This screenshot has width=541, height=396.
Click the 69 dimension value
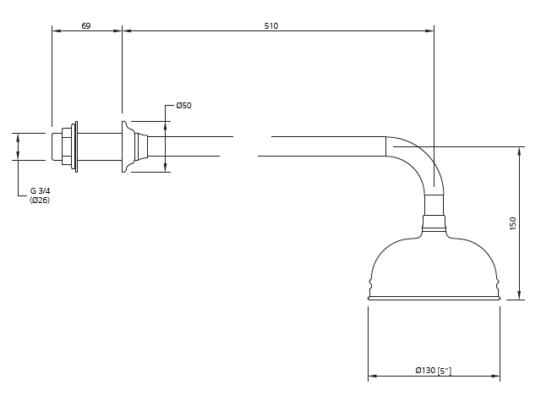tap(86, 26)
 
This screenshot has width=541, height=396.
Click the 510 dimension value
tap(271, 26)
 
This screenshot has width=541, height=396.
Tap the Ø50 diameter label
tap(183, 105)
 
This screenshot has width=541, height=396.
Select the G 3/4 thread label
tap(40, 191)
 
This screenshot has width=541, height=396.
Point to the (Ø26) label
tap(40, 200)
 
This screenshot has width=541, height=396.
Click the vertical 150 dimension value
tap(513, 223)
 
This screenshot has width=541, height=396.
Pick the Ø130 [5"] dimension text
tap(434, 371)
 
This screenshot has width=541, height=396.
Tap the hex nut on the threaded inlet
tap(67, 146)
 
